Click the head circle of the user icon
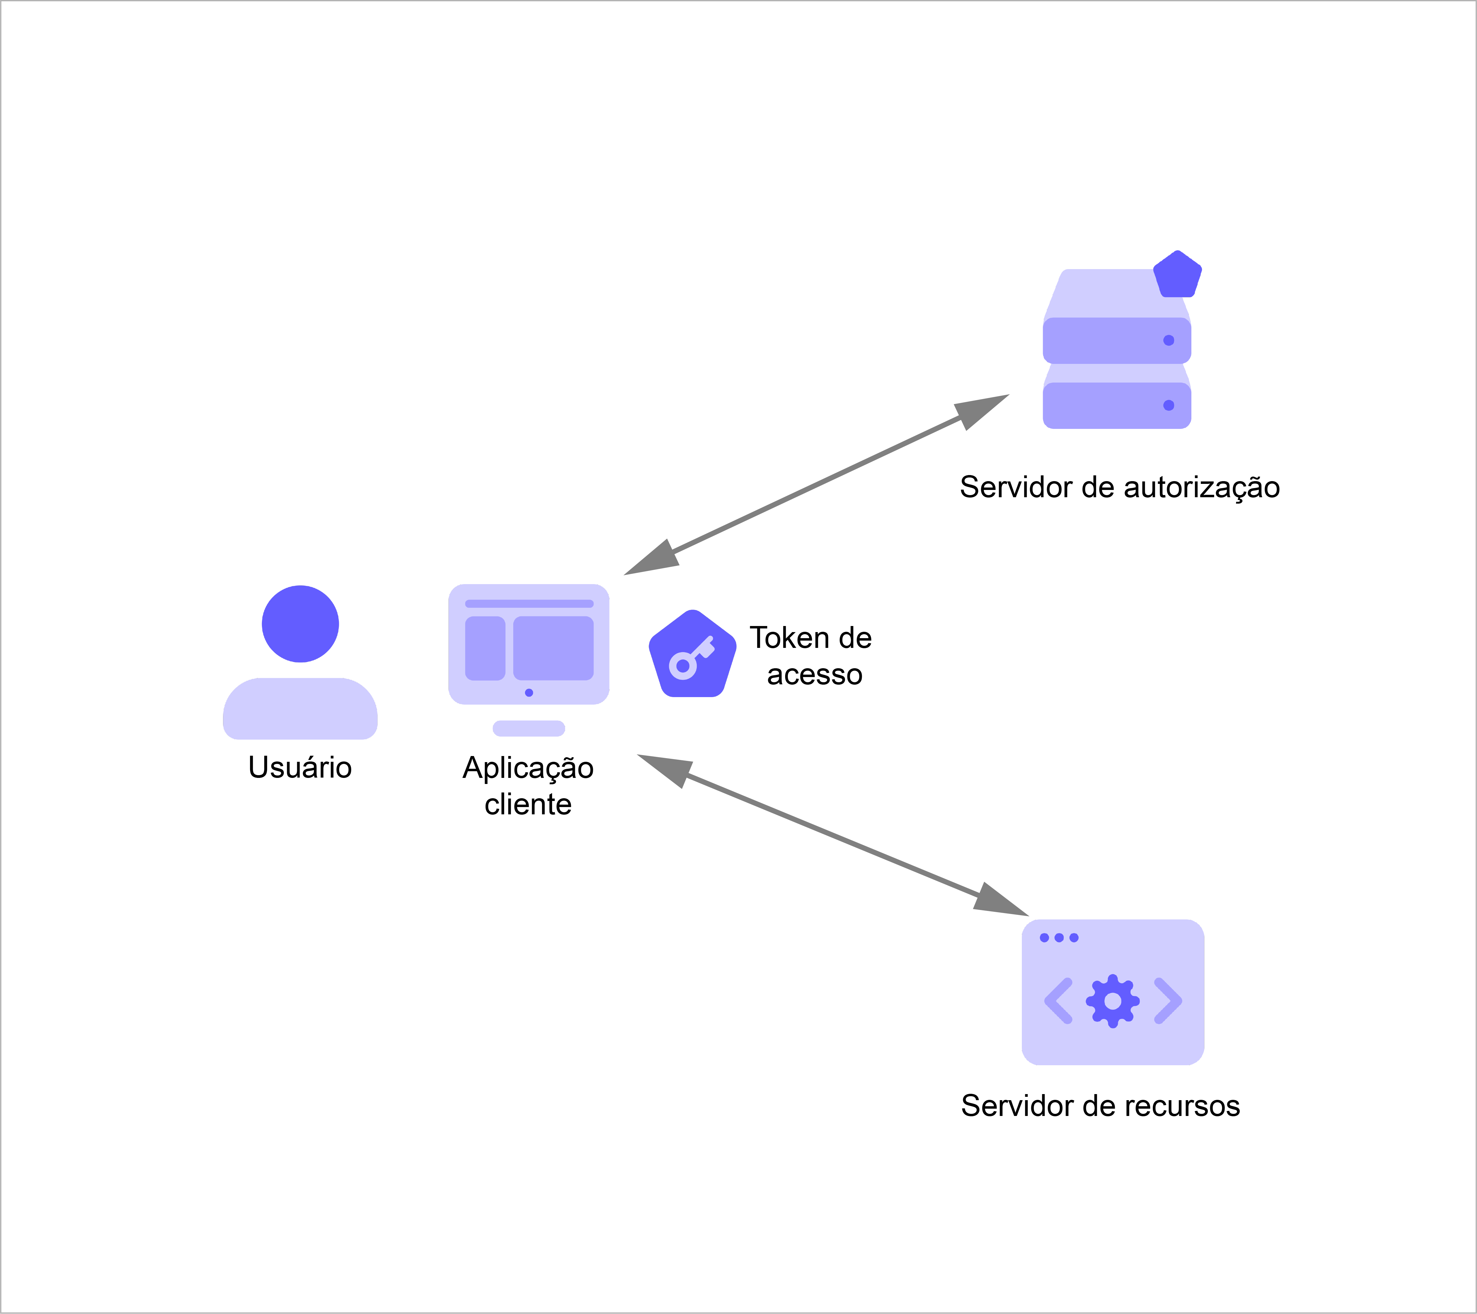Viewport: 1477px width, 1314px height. tap(300, 623)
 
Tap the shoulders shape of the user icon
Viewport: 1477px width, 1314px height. tap(300, 709)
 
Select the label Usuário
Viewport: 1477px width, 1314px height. tap(300, 767)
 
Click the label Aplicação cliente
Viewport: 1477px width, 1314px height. tap(528, 786)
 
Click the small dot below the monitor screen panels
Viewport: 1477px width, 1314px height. tap(529, 693)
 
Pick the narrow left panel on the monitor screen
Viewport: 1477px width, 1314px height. tap(485, 648)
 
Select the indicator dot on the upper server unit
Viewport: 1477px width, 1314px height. tap(1169, 340)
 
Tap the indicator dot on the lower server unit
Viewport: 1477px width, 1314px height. tap(1169, 405)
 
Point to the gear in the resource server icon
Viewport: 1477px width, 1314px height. tap(1113, 1001)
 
